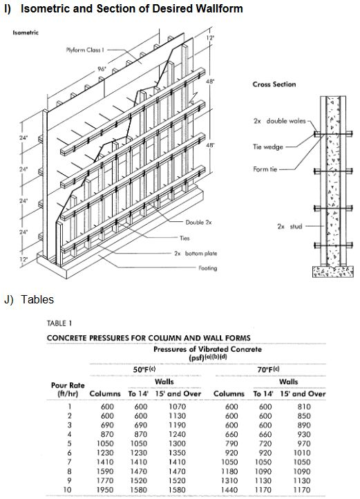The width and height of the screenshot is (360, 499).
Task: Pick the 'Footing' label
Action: (208, 268)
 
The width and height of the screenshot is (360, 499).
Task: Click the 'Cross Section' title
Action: (274, 84)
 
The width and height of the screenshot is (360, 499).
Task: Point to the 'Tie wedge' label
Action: (270, 147)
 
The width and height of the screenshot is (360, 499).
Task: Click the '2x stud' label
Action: (291, 226)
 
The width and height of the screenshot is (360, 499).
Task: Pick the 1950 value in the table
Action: (106, 490)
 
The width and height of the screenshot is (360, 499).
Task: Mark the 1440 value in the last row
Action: (233, 490)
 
